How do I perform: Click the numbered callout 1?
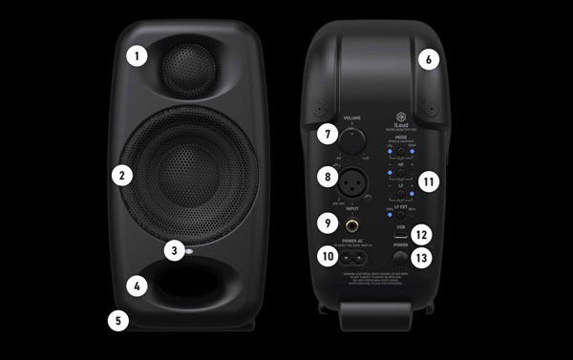(138, 55)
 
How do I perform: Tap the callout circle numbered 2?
(120, 175)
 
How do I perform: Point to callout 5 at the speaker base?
(138, 285)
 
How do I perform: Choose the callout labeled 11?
(429, 60)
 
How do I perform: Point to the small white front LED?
(192, 252)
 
